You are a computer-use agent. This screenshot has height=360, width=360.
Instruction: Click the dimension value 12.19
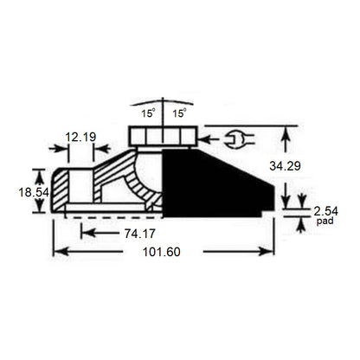coord(81,137)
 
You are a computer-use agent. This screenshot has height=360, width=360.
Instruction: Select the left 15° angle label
coord(148,113)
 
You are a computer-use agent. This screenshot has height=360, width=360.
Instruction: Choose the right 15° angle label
coord(179,113)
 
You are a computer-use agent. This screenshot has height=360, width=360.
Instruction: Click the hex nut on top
coord(164,136)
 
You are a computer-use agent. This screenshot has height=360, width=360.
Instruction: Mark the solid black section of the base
coord(208,182)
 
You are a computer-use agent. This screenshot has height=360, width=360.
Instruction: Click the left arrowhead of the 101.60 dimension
coord(58,252)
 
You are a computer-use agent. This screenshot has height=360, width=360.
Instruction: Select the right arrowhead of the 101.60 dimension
coord(269,252)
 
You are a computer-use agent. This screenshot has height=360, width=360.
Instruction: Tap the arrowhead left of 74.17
coord(85,232)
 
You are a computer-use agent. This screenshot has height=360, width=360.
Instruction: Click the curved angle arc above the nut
coord(164,102)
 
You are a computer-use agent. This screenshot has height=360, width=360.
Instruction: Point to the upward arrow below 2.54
coord(299,226)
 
